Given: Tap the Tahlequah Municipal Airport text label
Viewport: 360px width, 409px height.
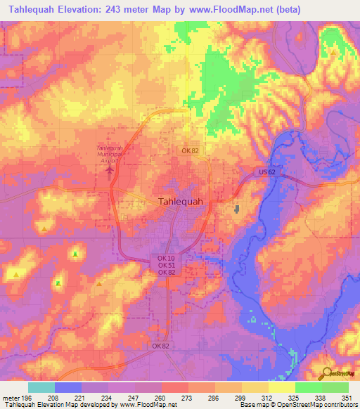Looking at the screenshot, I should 109,154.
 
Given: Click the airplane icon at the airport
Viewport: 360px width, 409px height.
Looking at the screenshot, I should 109,170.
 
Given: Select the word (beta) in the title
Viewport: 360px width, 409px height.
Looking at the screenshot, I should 286,10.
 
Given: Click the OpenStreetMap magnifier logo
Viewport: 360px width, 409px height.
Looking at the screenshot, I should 327,374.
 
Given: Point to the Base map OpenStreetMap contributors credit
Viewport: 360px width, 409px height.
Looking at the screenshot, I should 298,405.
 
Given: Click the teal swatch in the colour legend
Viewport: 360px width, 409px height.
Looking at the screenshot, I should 41,387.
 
